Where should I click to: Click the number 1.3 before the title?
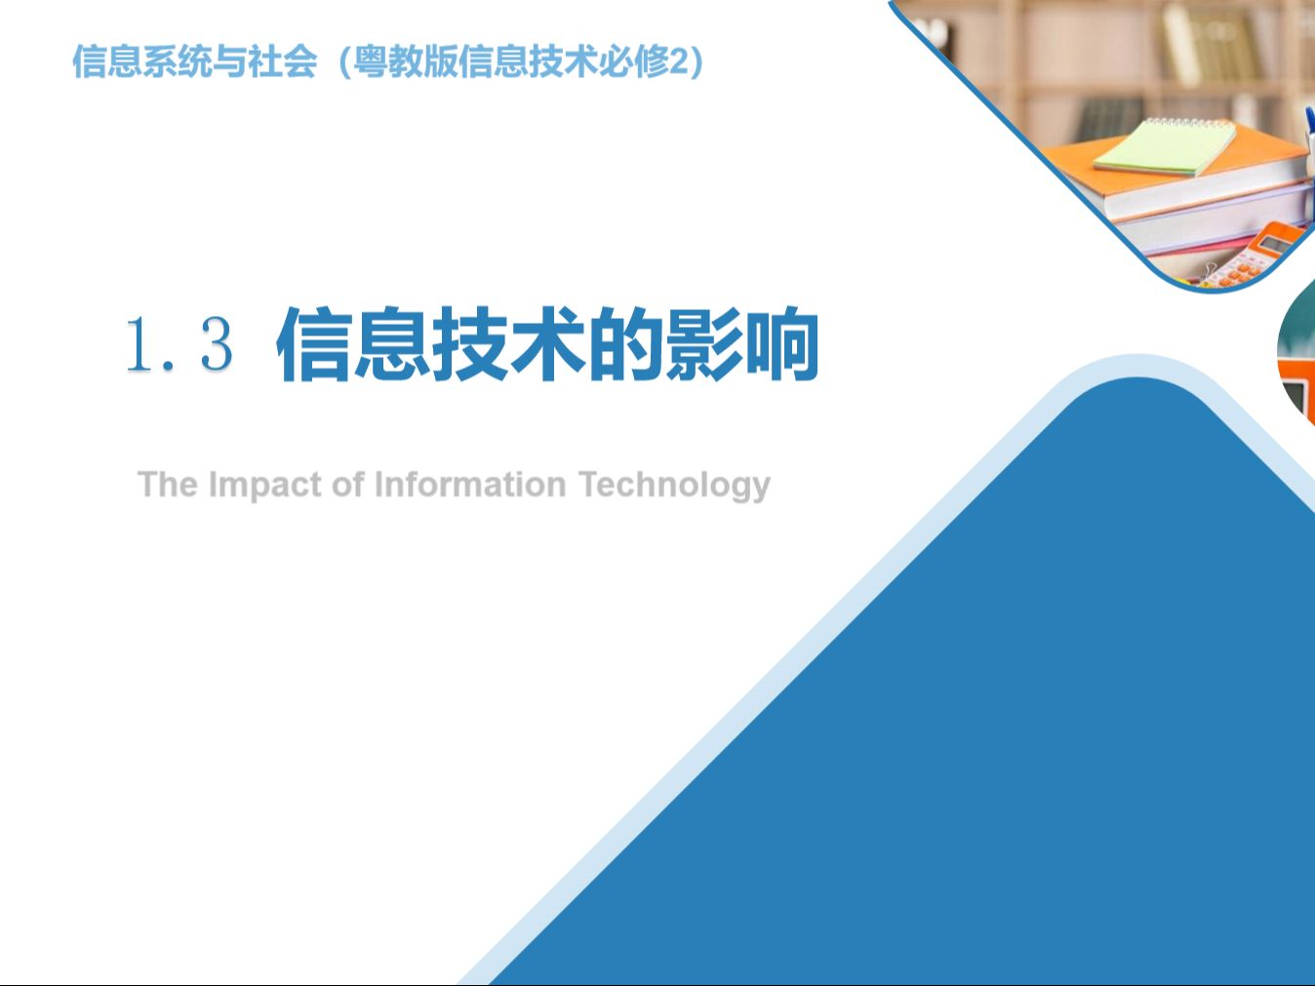(x=179, y=344)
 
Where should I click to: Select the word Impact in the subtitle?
(x=263, y=485)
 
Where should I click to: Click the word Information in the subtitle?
(x=469, y=484)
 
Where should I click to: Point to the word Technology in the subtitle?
(x=674, y=485)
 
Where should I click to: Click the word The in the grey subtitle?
(x=167, y=484)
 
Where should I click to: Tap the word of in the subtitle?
(x=347, y=484)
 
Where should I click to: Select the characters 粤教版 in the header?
(x=404, y=61)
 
